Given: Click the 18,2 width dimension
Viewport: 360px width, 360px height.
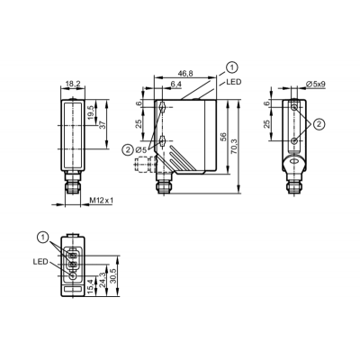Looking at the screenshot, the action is [73, 85].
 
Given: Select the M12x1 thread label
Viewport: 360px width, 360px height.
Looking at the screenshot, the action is [102, 201].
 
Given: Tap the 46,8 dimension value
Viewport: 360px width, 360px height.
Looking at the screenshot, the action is [184, 73].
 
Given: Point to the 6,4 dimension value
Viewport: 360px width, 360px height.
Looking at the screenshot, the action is [175, 85].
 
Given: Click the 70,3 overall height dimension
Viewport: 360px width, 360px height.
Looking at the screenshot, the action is [234, 146].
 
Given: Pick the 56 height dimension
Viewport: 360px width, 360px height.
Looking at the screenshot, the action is [223, 137].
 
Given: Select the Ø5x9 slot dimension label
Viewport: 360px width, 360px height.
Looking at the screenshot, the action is [316, 85].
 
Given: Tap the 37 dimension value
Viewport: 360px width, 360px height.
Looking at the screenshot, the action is [103, 125].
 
